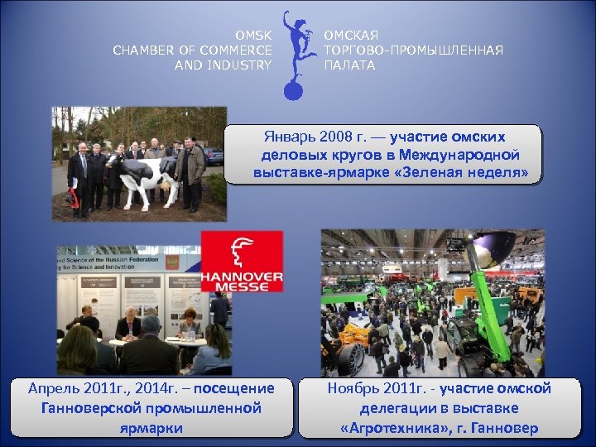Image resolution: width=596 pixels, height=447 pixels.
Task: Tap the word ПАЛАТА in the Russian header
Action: point(348,65)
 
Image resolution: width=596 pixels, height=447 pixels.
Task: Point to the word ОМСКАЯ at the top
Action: point(351,36)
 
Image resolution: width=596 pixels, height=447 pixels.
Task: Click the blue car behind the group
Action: point(213,155)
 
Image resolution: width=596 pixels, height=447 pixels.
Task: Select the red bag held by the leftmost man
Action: point(72,198)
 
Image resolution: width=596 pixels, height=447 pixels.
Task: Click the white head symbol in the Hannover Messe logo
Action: point(242,251)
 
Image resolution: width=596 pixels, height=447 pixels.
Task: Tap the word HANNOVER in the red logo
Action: point(242,276)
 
